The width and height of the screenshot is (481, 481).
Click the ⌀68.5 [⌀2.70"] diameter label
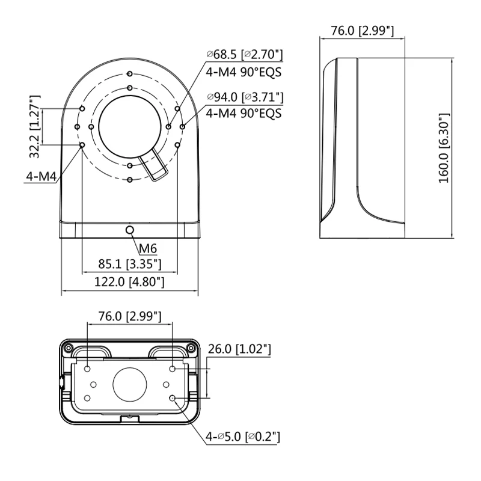[245, 55]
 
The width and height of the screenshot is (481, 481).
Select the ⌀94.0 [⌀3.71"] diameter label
[245, 97]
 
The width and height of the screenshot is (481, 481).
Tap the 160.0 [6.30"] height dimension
[444, 148]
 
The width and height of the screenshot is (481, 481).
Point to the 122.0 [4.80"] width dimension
[129, 281]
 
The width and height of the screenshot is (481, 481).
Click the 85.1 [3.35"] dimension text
[129, 264]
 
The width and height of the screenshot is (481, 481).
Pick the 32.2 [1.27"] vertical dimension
[34, 126]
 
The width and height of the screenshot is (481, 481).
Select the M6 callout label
[148, 248]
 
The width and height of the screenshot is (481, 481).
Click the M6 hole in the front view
[130, 230]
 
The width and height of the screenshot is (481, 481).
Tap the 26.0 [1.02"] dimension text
[239, 349]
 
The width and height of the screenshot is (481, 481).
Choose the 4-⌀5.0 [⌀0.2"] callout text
[243, 437]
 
